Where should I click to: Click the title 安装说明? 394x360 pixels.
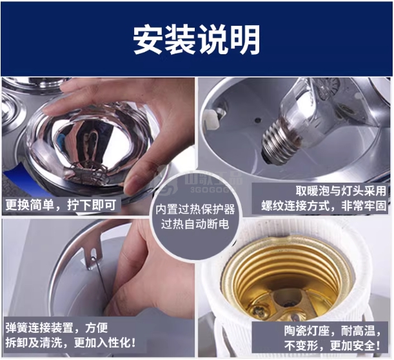pos(197,40)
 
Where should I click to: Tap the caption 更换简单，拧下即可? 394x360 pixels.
pos(61,205)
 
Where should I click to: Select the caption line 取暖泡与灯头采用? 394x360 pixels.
pos(340,191)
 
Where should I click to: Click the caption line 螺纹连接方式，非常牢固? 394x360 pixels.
pos(324,206)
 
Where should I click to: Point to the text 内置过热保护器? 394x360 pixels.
pos(195,210)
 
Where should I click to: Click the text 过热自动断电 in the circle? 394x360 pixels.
pos(195,224)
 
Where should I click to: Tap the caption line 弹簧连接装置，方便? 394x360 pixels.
pos(57,328)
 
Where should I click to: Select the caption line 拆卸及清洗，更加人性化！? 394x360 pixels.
pos(71,343)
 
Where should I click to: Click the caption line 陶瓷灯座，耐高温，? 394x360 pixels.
pos(333,330)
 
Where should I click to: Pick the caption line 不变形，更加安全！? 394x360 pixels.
pos(333,346)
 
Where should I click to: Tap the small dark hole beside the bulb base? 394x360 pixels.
pos(257,120)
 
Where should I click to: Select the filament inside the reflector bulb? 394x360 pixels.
pos(86,171)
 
